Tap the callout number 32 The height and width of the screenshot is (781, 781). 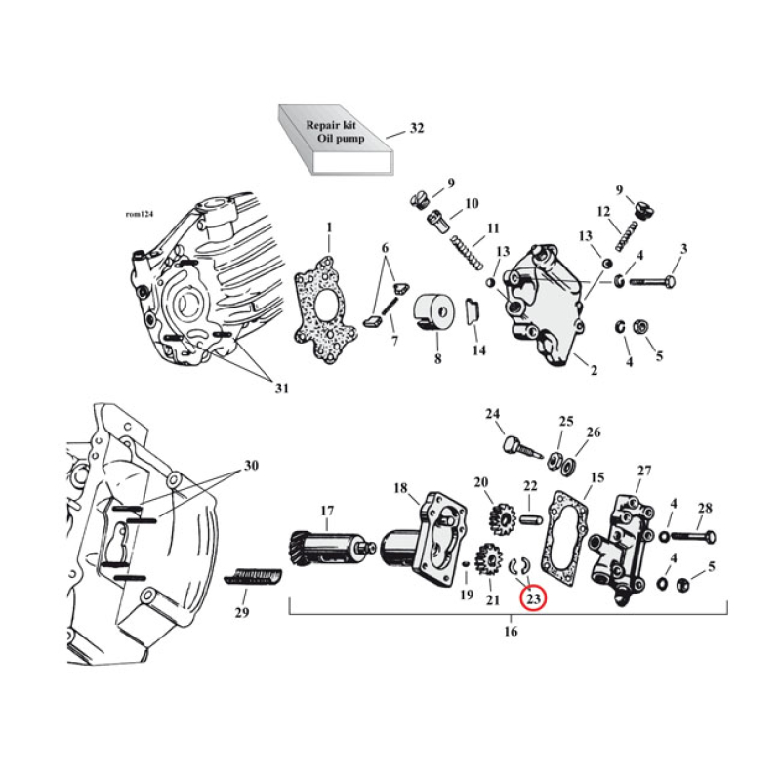tap(417, 129)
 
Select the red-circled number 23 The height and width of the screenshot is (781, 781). tap(533, 598)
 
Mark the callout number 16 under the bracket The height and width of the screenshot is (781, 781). tap(511, 632)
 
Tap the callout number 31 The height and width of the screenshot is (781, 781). tap(281, 389)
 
